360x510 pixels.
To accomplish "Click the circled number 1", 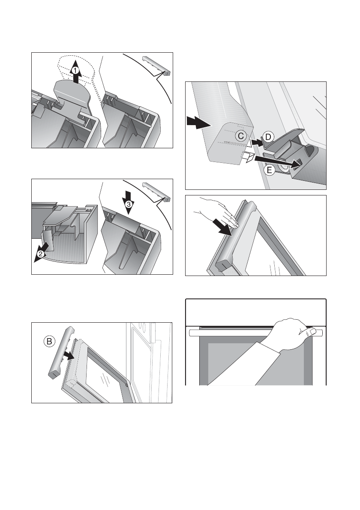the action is [x=75, y=70].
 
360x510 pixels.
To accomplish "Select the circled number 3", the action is [x=129, y=204].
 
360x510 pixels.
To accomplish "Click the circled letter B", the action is [x=49, y=341].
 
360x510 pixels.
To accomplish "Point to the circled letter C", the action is [x=241, y=136].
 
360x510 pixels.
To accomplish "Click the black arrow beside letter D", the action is [x=257, y=142].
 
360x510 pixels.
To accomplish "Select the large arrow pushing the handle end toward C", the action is [x=198, y=123].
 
